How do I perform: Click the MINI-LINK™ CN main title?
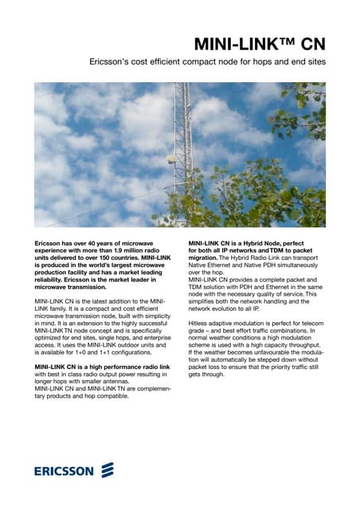pos(260,43)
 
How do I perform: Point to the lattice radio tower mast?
pos(182,127)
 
